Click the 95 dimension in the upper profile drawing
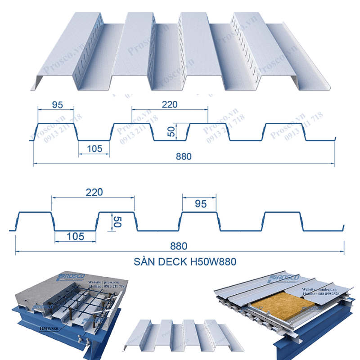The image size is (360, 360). (x=57, y=105)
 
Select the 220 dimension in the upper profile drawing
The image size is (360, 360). (x=169, y=104)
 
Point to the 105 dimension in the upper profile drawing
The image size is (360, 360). (x=94, y=148)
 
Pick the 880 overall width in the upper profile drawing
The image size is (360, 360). (x=184, y=157)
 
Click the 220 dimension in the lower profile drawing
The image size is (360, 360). (x=94, y=192)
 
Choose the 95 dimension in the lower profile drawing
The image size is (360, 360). (x=201, y=204)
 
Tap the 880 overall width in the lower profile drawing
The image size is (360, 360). (x=179, y=246)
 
